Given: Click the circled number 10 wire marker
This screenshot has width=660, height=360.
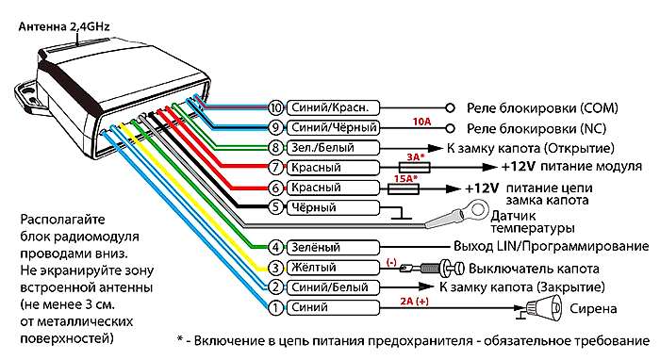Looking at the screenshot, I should (x=275, y=107).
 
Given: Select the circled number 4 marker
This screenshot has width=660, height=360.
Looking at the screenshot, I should (x=275, y=247).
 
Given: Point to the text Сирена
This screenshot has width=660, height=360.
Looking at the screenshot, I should (x=591, y=308).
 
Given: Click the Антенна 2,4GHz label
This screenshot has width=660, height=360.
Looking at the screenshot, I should (x=58, y=26).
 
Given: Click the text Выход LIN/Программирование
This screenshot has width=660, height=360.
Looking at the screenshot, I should (x=541, y=247).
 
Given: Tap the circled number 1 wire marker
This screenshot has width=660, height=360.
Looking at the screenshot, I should (x=275, y=307).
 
